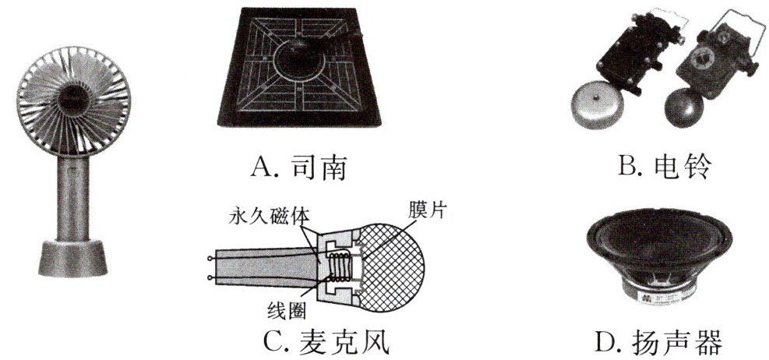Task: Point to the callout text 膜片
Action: [427, 210]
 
